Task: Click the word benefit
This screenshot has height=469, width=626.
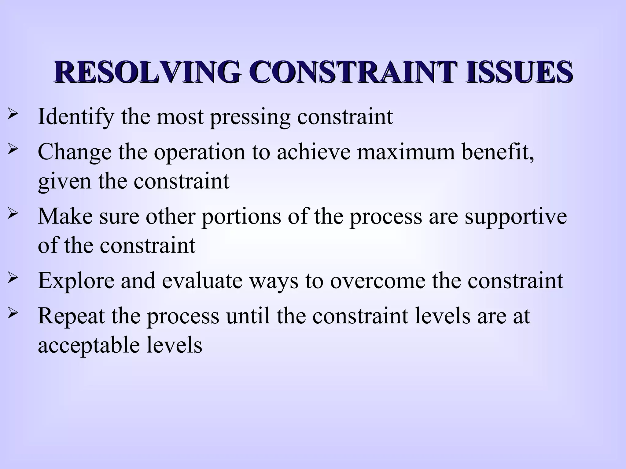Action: pyautogui.click(x=498, y=152)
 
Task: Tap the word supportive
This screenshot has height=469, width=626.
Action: pyautogui.click(x=516, y=217)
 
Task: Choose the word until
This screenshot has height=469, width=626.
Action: pyautogui.click(x=248, y=315)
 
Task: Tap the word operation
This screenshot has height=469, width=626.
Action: pyautogui.click(x=199, y=152)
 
